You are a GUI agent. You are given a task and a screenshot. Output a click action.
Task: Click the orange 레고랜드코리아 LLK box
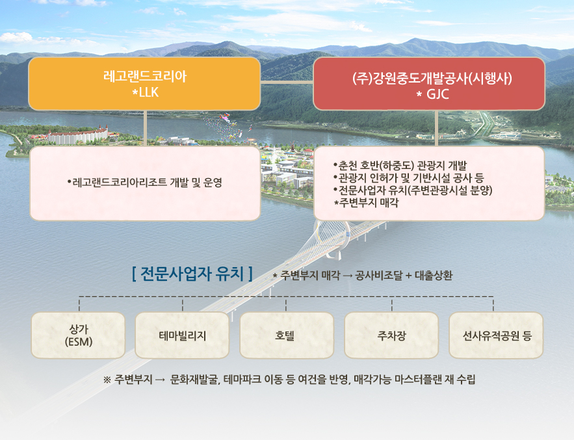[x=144, y=83]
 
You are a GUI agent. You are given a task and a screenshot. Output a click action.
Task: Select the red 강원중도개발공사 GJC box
[x=429, y=83]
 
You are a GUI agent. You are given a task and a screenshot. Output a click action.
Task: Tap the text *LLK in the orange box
[x=146, y=92]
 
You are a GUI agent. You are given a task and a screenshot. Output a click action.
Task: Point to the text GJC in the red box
[x=437, y=94]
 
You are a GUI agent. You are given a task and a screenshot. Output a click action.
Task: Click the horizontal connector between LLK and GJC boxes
[x=287, y=82]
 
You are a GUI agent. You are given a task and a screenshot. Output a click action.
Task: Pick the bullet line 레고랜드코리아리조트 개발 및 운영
[x=144, y=182]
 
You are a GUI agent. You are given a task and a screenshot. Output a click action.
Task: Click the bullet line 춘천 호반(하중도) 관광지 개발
[x=400, y=166]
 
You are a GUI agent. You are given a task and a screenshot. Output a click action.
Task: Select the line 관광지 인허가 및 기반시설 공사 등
[x=408, y=178]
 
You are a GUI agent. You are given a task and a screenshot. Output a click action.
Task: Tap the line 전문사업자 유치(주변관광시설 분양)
[x=413, y=190]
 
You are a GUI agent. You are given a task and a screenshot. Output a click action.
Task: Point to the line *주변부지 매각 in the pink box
[x=366, y=203]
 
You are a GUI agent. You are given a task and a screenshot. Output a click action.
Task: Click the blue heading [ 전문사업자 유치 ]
[x=192, y=274]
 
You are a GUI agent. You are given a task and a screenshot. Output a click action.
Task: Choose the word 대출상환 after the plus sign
[x=434, y=276]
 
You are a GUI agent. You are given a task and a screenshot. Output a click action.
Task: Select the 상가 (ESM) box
[x=79, y=335]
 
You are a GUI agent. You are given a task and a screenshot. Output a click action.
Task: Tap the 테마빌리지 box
[x=182, y=335]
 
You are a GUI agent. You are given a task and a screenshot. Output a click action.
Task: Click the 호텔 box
[x=287, y=335]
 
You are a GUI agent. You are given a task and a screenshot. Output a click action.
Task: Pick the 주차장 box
[x=391, y=335]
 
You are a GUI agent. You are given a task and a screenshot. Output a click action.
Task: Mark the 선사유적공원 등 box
[x=496, y=335]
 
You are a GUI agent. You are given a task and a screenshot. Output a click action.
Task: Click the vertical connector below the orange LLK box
[x=145, y=128]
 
